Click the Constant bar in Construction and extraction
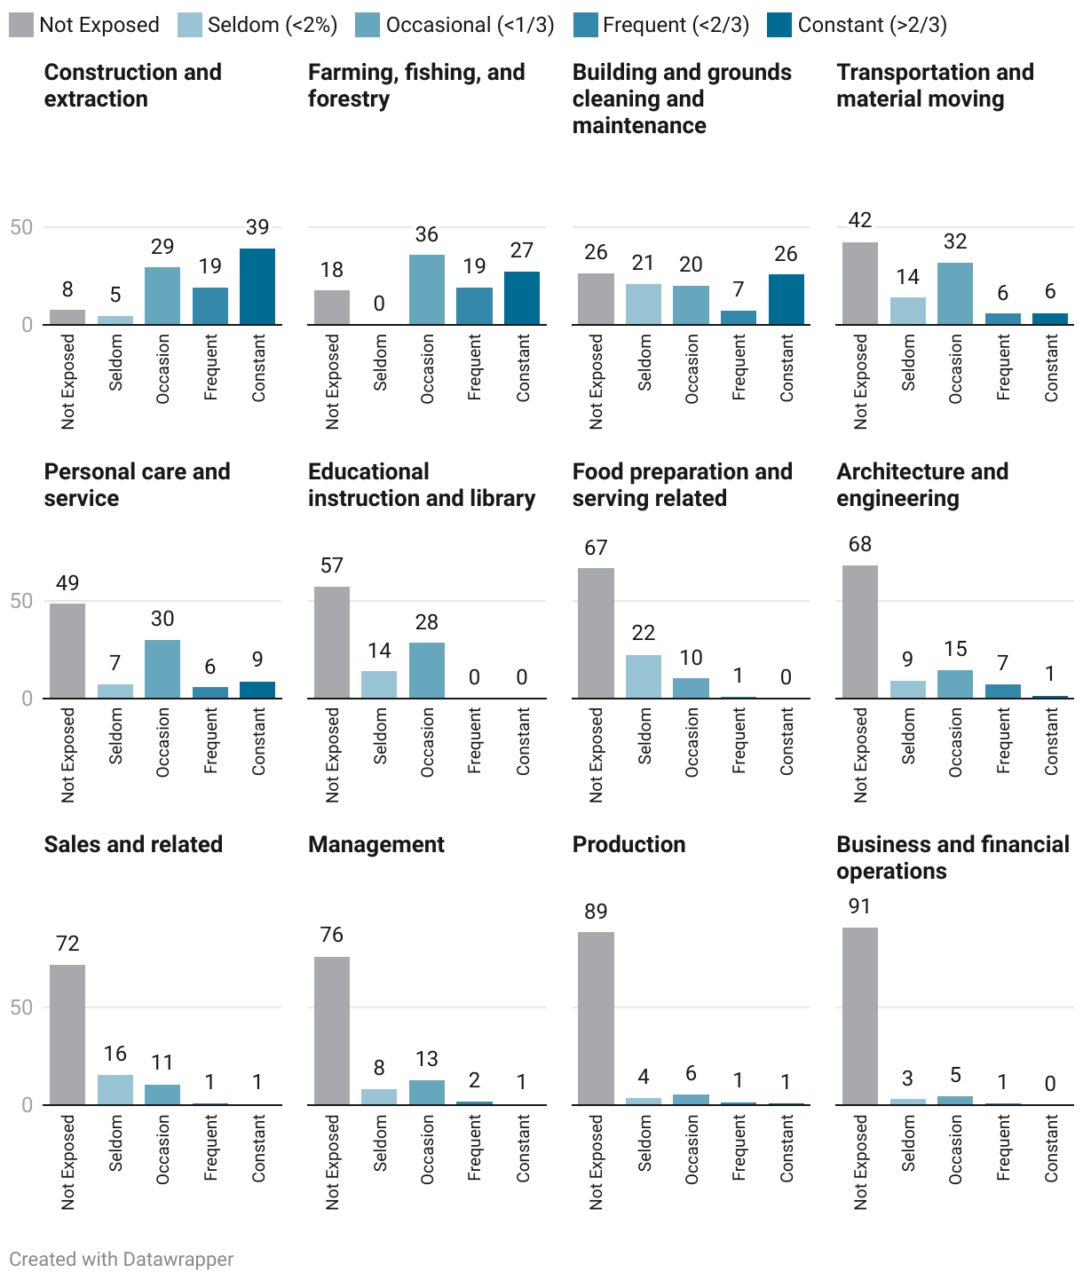tap(257, 287)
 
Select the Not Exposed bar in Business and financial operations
tap(859, 1016)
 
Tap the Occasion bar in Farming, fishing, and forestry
tap(427, 289)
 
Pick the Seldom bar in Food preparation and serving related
tap(644, 676)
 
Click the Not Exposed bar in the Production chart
tap(596, 1018)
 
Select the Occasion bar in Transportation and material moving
tap(955, 294)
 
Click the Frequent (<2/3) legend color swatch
tap(586, 25)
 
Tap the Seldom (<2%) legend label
tap(273, 25)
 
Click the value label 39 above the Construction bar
tap(257, 227)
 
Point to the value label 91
tap(859, 906)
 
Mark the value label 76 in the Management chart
tap(332, 935)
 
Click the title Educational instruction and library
tap(422, 485)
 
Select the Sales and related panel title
tap(133, 844)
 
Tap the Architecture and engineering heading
tap(922, 485)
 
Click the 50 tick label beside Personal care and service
tap(21, 601)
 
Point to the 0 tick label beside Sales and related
tap(27, 1105)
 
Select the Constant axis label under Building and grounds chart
tap(787, 367)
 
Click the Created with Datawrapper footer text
tap(122, 1259)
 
